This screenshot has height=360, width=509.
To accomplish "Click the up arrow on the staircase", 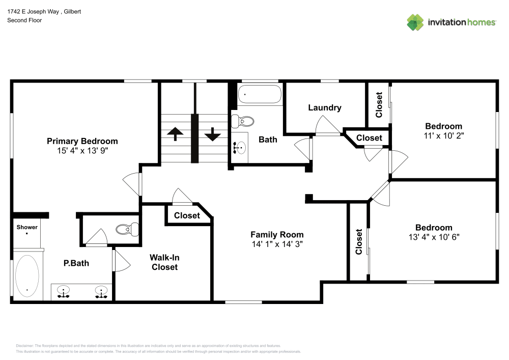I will pyautogui.click(x=175, y=134).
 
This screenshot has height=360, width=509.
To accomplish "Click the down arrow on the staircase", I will pyautogui.click(x=212, y=134).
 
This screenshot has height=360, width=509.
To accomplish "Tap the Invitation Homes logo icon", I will pyautogui.click(x=415, y=22).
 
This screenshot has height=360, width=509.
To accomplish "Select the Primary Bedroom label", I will pyautogui.click(x=82, y=141).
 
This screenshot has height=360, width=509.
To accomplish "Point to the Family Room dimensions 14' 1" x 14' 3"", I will pyautogui.click(x=277, y=244).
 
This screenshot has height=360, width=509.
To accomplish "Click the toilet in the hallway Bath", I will pyautogui.click(x=243, y=121).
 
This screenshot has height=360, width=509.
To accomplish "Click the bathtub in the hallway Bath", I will pyautogui.click(x=260, y=95).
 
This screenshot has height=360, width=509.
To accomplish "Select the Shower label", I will pyautogui.click(x=27, y=227).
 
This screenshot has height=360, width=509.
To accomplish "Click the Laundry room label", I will pyautogui.click(x=324, y=107).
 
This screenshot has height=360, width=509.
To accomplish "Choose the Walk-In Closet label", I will pyautogui.click(x=164, y=262).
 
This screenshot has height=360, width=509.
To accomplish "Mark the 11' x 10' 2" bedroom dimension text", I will pyautogui.click(x=444, y=136).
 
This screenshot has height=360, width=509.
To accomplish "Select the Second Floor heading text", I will pyautogui.click(x=24, y=20).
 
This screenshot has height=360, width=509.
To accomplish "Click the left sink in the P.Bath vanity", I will pyautogui.click(x=64, y=292).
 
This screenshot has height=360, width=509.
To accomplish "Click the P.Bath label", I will pyautogui.click(x=76, y=263).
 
